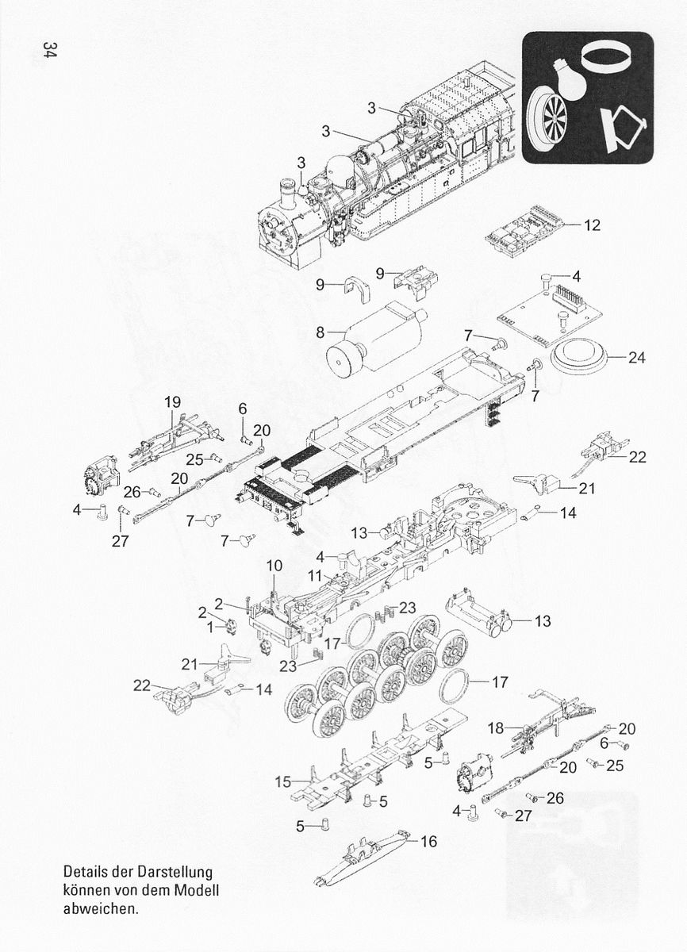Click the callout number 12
click(592, 225)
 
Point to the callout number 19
click(172, 402)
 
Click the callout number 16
click(428, 842)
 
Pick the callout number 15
click(283, 782)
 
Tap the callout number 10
click(274, 566)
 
